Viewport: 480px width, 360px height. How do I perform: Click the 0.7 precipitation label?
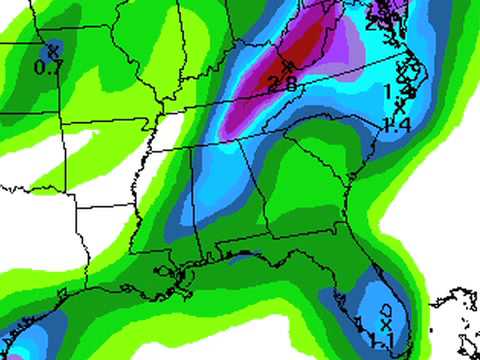coord(49,67)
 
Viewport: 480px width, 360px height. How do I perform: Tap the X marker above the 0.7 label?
coord(52,48)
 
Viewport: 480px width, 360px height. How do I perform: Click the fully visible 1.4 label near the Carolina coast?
coord(398,124)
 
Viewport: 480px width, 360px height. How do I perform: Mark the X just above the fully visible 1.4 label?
coord(400,105)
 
